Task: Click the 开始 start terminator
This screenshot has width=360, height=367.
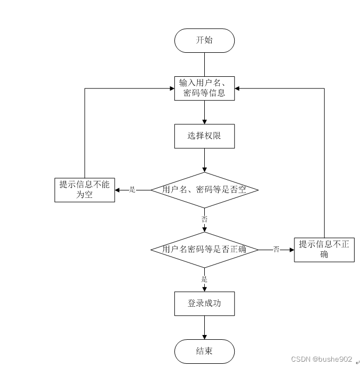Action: [204, 41]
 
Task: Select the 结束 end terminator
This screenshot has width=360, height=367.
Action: [204, 351]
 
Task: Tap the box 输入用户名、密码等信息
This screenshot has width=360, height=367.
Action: [204, 88]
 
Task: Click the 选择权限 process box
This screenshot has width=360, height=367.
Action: [204, 136]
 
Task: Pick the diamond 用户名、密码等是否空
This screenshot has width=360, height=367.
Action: [204, 189]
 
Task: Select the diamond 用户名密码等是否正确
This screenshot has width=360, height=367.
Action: [204, 249]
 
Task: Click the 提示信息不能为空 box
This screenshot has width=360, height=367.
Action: [85, 190]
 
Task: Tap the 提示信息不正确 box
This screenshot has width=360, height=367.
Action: [324, 249]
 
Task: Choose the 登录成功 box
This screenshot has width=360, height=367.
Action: [204, 303]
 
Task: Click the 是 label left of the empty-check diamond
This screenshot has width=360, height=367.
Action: [133, 189]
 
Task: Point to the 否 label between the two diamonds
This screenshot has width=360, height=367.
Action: [204, 219]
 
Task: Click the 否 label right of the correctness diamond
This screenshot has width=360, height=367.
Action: [276, 249]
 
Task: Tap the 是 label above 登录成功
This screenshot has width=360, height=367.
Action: [204, 279]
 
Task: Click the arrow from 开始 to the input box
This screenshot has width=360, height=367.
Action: [204, 64]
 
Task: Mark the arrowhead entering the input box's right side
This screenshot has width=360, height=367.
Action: [237, 88]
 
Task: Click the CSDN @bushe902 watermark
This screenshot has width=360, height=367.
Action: [322, 359]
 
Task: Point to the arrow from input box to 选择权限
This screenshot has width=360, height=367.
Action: [204, 112]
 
